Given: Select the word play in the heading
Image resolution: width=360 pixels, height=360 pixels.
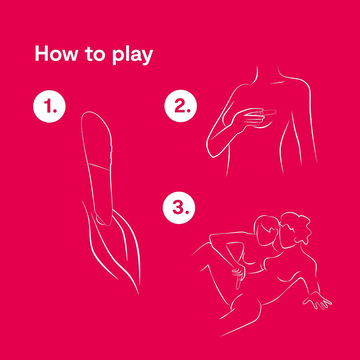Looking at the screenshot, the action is pos(133,55).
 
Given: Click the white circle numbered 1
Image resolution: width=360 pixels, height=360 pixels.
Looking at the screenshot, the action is pos(49,106).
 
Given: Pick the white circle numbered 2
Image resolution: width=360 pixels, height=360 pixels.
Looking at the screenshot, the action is pos(180,105).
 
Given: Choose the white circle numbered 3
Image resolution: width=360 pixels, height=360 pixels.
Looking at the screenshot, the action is pos(179,208).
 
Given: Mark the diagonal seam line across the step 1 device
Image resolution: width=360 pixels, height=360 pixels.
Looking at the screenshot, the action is pos(99,167).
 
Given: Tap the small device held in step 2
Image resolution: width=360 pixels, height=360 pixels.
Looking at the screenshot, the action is pos(264,113).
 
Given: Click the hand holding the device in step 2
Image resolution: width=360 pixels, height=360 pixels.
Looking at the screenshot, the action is pos(249,118).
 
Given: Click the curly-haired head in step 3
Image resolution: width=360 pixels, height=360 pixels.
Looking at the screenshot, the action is pos(295,230).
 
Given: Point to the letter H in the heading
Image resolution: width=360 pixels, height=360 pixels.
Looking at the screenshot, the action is pos(42,54).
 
